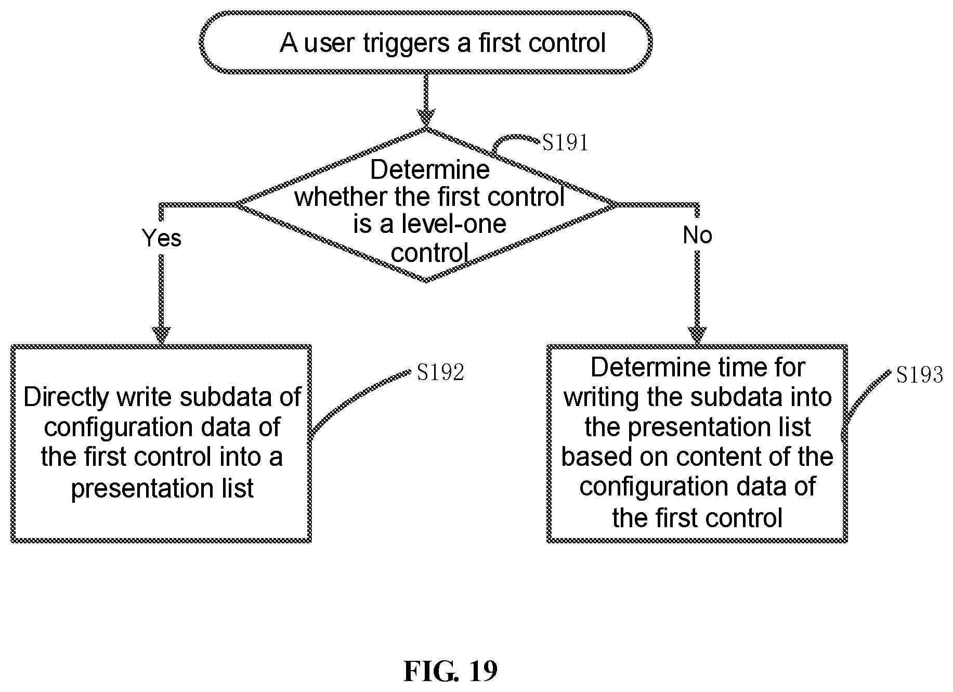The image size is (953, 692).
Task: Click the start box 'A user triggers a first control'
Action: (426, 42)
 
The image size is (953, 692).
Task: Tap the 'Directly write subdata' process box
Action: (161, 443)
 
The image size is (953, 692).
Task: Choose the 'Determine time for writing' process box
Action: (697, 443)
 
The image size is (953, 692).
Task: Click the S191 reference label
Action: (565, 142)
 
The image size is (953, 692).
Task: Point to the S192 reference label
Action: (440, 372)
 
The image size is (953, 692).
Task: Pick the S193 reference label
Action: (919, 375)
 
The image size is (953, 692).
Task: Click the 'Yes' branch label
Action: (162, 238)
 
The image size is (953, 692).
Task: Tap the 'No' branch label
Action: (697, 236)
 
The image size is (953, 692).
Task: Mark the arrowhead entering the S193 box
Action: (697, 336)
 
